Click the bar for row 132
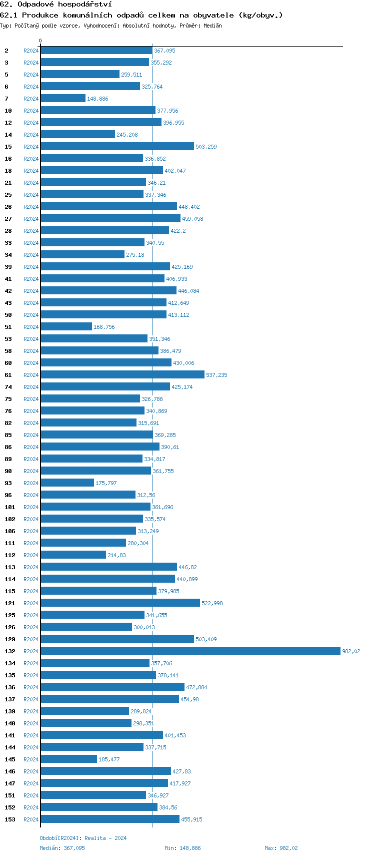190,651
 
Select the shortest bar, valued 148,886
63,99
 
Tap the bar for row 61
122,374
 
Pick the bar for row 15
117,146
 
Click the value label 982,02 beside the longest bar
351,651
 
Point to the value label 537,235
216,375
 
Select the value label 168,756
104,327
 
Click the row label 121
10,603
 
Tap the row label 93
8,483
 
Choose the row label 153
10,819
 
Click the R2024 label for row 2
31,51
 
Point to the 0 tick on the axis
40,41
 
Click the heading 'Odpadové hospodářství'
64,5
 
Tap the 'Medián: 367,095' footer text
62,848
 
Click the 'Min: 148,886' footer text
182,848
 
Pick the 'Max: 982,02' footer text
281,848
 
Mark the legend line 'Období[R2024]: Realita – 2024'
83,838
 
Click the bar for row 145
68,759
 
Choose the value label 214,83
116,555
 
